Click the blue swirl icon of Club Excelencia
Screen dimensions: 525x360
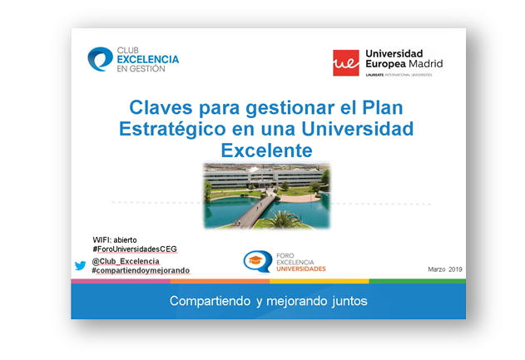100,59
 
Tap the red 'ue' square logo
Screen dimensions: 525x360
346,63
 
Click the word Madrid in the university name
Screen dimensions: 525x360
425,63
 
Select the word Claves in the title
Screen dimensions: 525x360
161,108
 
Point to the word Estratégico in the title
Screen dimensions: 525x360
172,130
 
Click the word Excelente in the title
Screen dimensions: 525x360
266,150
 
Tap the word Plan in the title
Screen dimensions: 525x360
383,108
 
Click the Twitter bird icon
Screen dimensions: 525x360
81,266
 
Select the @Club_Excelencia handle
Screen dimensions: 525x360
126,261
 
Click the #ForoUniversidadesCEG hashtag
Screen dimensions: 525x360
135,249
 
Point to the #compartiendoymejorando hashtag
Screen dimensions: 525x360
141,270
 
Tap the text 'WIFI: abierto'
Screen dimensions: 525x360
115,240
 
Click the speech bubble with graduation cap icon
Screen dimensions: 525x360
257,262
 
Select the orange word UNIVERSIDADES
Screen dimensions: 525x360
301,269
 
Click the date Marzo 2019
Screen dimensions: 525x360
445,269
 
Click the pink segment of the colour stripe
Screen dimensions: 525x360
121,281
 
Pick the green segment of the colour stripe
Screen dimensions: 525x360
417,281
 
